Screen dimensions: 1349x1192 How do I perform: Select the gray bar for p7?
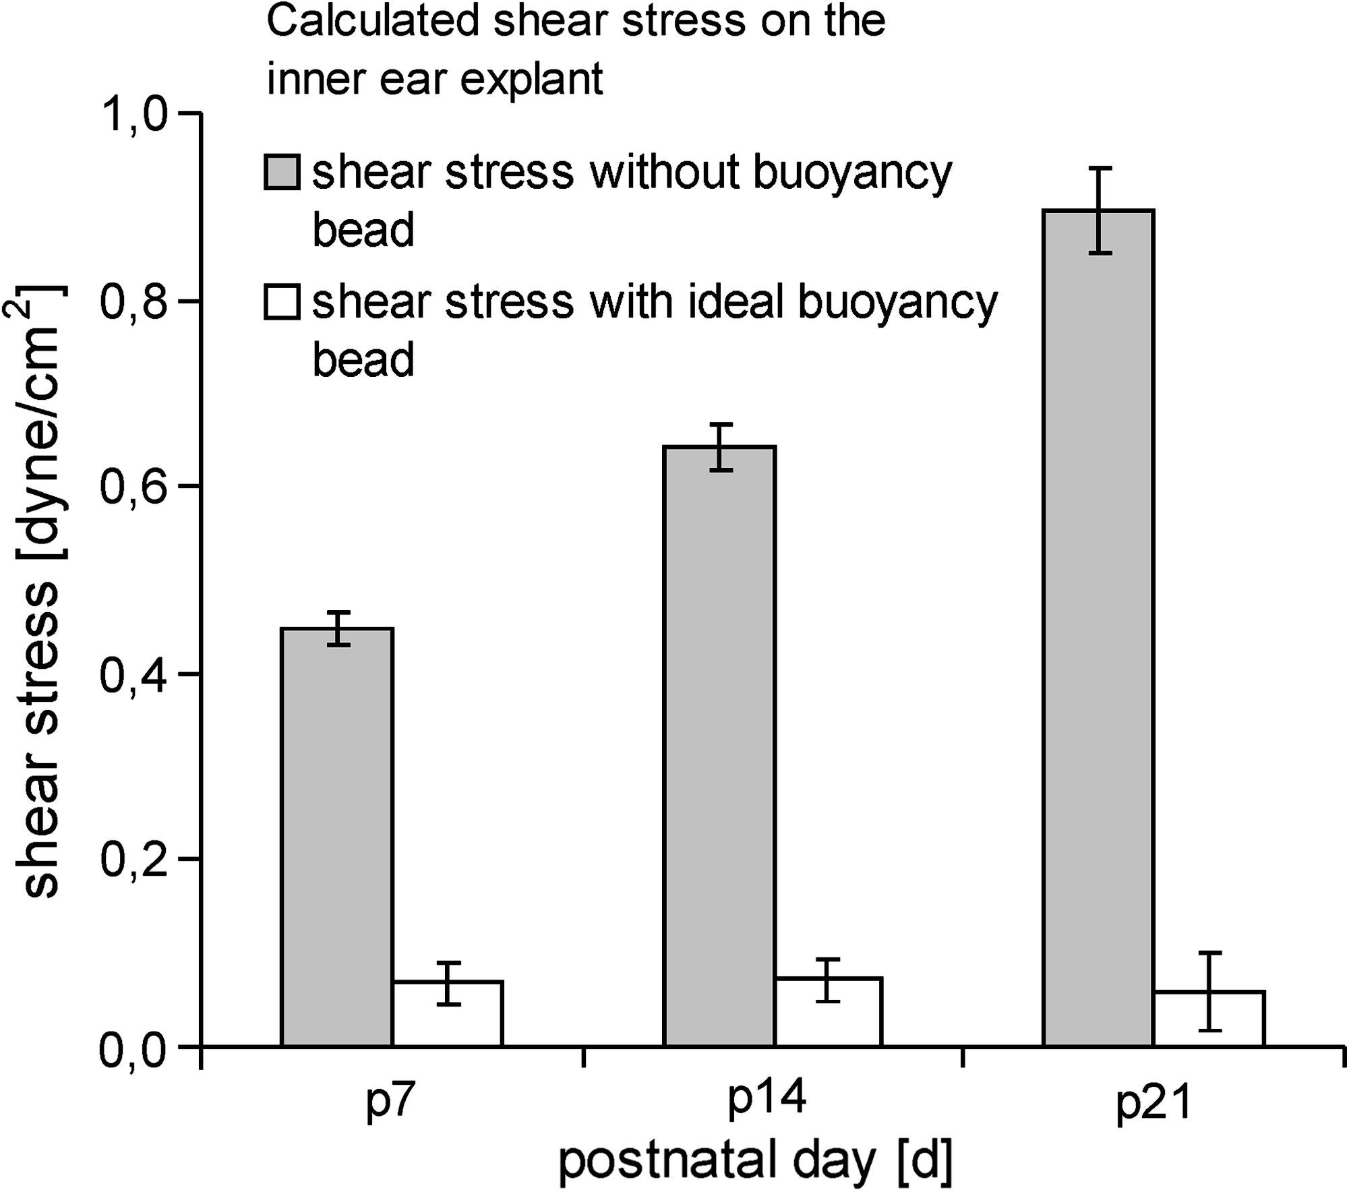pos(337,837)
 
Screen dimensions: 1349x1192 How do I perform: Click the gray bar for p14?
pos(719,746)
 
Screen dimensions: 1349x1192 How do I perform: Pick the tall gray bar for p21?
pos(1099,628)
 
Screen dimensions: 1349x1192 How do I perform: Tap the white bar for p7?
pos(448,1013)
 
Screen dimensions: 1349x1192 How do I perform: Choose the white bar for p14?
pos(829,1011)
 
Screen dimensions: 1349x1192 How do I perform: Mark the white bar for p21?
pos(1209,1018)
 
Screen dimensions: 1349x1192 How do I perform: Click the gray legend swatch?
pos(282,171)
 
